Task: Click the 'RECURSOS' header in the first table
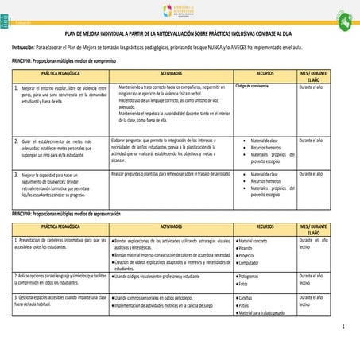265,73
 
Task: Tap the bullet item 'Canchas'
246,298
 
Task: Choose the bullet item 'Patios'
244,305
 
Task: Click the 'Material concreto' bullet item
254,240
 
